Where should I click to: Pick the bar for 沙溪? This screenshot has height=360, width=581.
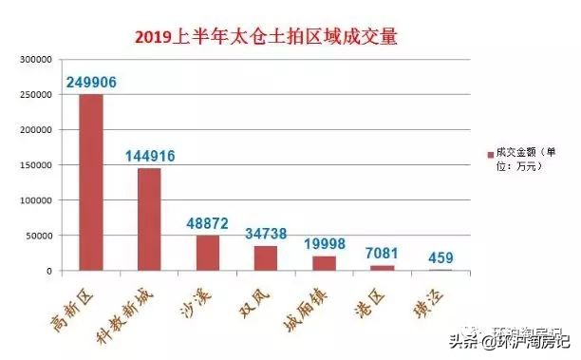click(208, 253)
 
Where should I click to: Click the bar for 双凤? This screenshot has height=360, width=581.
click(267, 258)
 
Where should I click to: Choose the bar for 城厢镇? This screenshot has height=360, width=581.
click(325, 263)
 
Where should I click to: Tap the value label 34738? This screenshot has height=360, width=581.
click(267, 233)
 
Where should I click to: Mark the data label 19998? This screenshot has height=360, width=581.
click(326, 243)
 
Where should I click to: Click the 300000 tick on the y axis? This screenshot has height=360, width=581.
click(38, 59)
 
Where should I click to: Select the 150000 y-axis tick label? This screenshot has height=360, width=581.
click(38, 165)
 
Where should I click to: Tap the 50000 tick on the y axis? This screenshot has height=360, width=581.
click(41, 236)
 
